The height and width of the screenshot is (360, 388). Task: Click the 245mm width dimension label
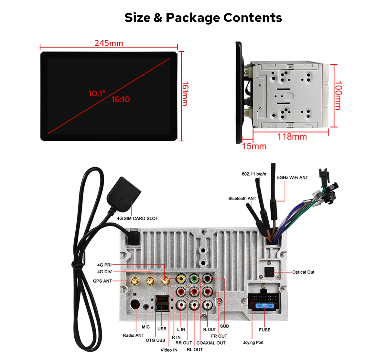click(109, 43)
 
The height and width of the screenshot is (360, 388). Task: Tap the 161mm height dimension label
click(185, 93)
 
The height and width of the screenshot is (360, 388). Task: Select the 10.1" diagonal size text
click(97, 93)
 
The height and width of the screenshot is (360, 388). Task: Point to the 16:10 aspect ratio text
click(121, 100)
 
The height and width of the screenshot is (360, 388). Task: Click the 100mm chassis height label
click(338, 95)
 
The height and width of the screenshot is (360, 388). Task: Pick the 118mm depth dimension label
click(292, 136)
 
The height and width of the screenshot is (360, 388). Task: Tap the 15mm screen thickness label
click(254, 146)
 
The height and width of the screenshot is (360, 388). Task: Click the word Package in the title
click(193, 17)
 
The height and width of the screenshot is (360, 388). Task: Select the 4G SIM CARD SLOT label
click(137, 218)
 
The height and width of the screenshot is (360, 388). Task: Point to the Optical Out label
click(303, 272)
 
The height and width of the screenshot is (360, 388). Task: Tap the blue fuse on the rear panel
click(265, 306)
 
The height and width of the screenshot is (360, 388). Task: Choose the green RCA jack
click(194, 278)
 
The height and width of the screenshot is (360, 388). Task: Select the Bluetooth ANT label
click(242, 198)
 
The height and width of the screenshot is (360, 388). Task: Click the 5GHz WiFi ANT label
click(292, 177)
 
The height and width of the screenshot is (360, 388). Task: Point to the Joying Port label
click(253, 342)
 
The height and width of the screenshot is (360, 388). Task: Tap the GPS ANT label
click(102, 281)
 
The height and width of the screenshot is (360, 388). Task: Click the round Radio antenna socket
click(135, 305)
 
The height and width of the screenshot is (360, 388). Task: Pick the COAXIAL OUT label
click(211, 343)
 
